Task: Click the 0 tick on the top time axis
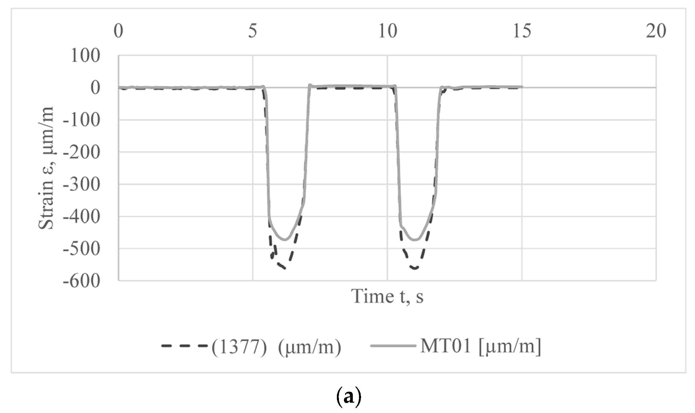(x=118, y=31)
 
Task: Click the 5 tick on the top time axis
(x=253, y=31)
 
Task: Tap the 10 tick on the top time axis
(x=387, y=31)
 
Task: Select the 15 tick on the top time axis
(x=522, y=31)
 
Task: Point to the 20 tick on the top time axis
(x=656, y=31)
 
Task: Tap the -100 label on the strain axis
(x=82, y=120)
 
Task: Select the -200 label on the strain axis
(x=82, y=152)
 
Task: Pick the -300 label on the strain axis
(x=82, y=185)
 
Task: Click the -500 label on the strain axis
(x=82, y=249)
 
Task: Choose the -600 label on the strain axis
(x=82, y=281)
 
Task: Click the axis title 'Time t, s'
(x=387, y=296)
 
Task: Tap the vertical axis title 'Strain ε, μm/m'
(x=47, y=168)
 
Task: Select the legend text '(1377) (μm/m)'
(x=276, y=346)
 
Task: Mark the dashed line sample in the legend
(x=185, y=346)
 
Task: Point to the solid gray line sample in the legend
(x=393, y=346)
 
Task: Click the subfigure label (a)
(x=348, y=397)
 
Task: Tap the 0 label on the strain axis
(x=95, y=88)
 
